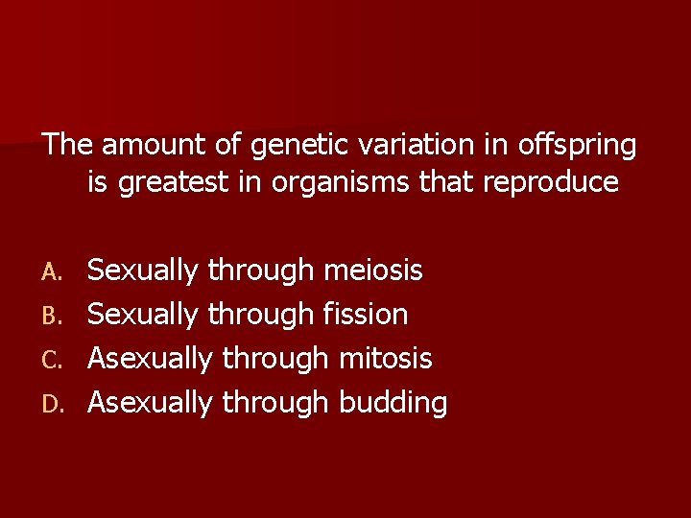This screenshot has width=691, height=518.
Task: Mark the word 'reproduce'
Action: click(x=551, y=183)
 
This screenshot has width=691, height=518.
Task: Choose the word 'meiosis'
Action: click(x=373, y=271)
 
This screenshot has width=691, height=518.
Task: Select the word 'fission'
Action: click(x=366, y=315)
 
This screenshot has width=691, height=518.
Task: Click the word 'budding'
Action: click(x=393, y=404)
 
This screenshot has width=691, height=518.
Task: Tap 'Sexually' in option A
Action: click(x=143, y=271)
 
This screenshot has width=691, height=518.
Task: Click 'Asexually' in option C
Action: click(x=150, y=360)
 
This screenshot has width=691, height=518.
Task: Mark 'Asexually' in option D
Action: click(x=150, y=404)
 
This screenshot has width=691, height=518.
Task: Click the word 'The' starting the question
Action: click(x=67, y=146)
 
